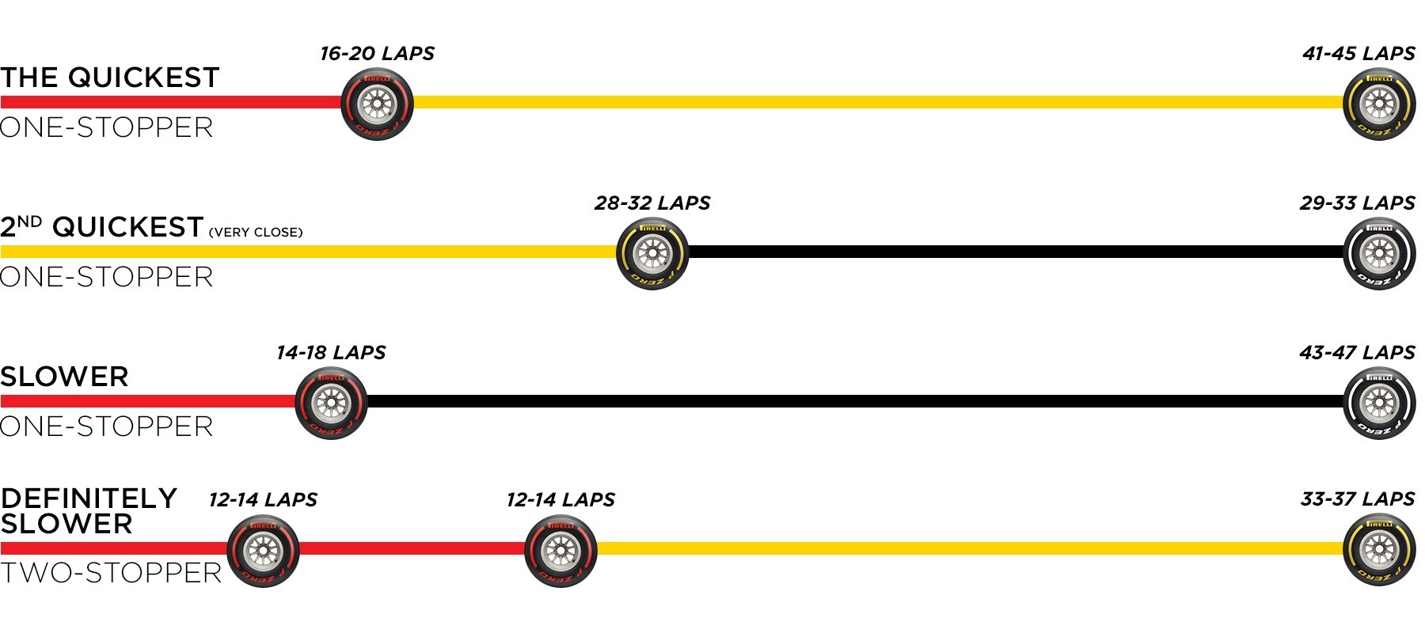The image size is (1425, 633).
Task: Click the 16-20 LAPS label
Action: [x=377, y=54]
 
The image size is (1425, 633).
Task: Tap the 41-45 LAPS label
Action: [x=1358, y=54]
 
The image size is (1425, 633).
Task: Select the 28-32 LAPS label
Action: [x=652, y=203]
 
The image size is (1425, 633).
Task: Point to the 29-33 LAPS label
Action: [x=1358, y=203]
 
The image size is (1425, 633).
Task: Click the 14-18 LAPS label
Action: [x=331, y=353]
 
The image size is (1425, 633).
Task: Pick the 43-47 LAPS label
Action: [x=1358, y=353]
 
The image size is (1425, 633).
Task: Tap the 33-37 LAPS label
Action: [x=1358, y=499]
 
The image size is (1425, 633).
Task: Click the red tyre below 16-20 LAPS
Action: [x=378, y=104]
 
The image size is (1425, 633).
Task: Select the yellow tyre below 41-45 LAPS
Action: [x=1379, y=104]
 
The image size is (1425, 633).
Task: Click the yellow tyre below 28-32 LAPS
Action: [x=652, y=253]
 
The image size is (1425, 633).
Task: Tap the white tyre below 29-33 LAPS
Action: [x=1379, y=253]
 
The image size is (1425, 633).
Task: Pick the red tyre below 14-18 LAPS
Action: [x=331, y=403]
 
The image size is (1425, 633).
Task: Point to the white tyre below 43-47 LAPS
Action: [x=1379, y=403]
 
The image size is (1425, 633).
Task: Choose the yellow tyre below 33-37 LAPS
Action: [x=1379, y=550]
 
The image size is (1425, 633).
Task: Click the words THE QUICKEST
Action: [x=110, y=78]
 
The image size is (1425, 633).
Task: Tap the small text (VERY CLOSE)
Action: [x=256, y=233]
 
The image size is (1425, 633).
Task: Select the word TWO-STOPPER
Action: [x=111, y=573]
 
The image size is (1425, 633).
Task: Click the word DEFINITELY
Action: [x=89, y=498]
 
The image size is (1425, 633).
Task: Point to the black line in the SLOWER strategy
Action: [x=856, y=401]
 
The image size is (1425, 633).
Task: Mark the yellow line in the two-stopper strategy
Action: [x=970, y=548]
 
